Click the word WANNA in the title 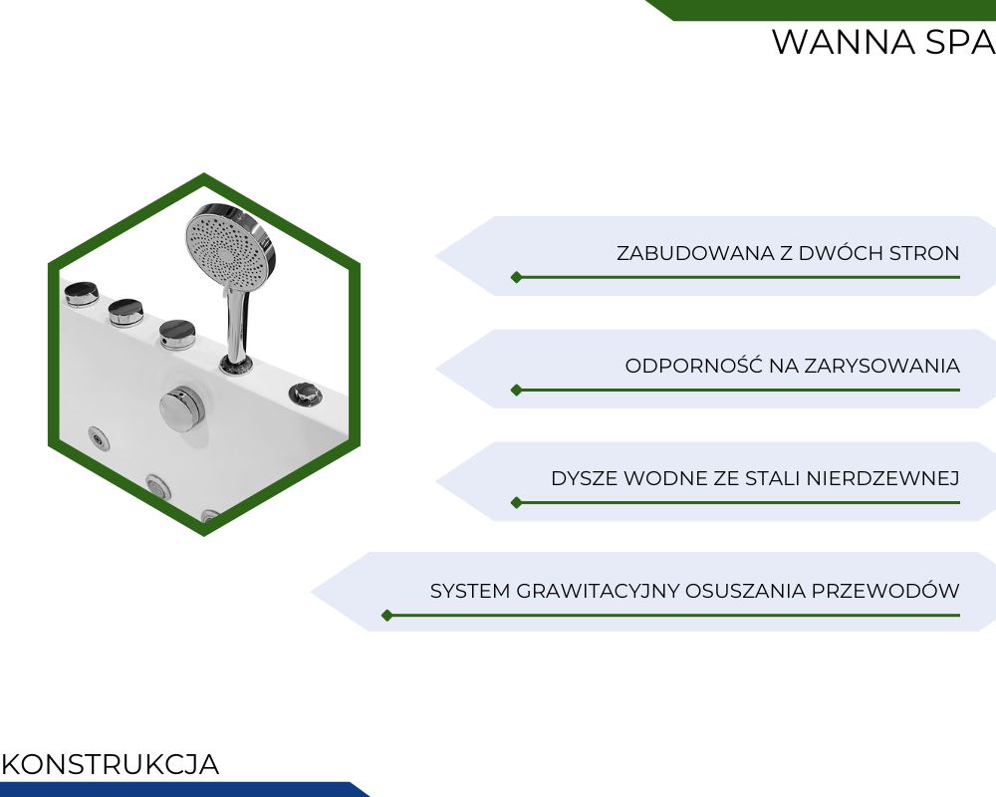click(x=844, y=43)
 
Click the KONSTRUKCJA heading click(x=111, y=764)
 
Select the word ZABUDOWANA click(x=695, y=253)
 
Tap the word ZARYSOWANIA click(x=881, y=366)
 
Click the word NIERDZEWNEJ click(x=882, y=478)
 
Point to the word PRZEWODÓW click(x=886, y=591)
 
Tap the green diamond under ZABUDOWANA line click(x=516, y=277)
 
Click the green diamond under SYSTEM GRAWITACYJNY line click(x=387, y=616)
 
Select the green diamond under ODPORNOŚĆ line click(x=516, y=390)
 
